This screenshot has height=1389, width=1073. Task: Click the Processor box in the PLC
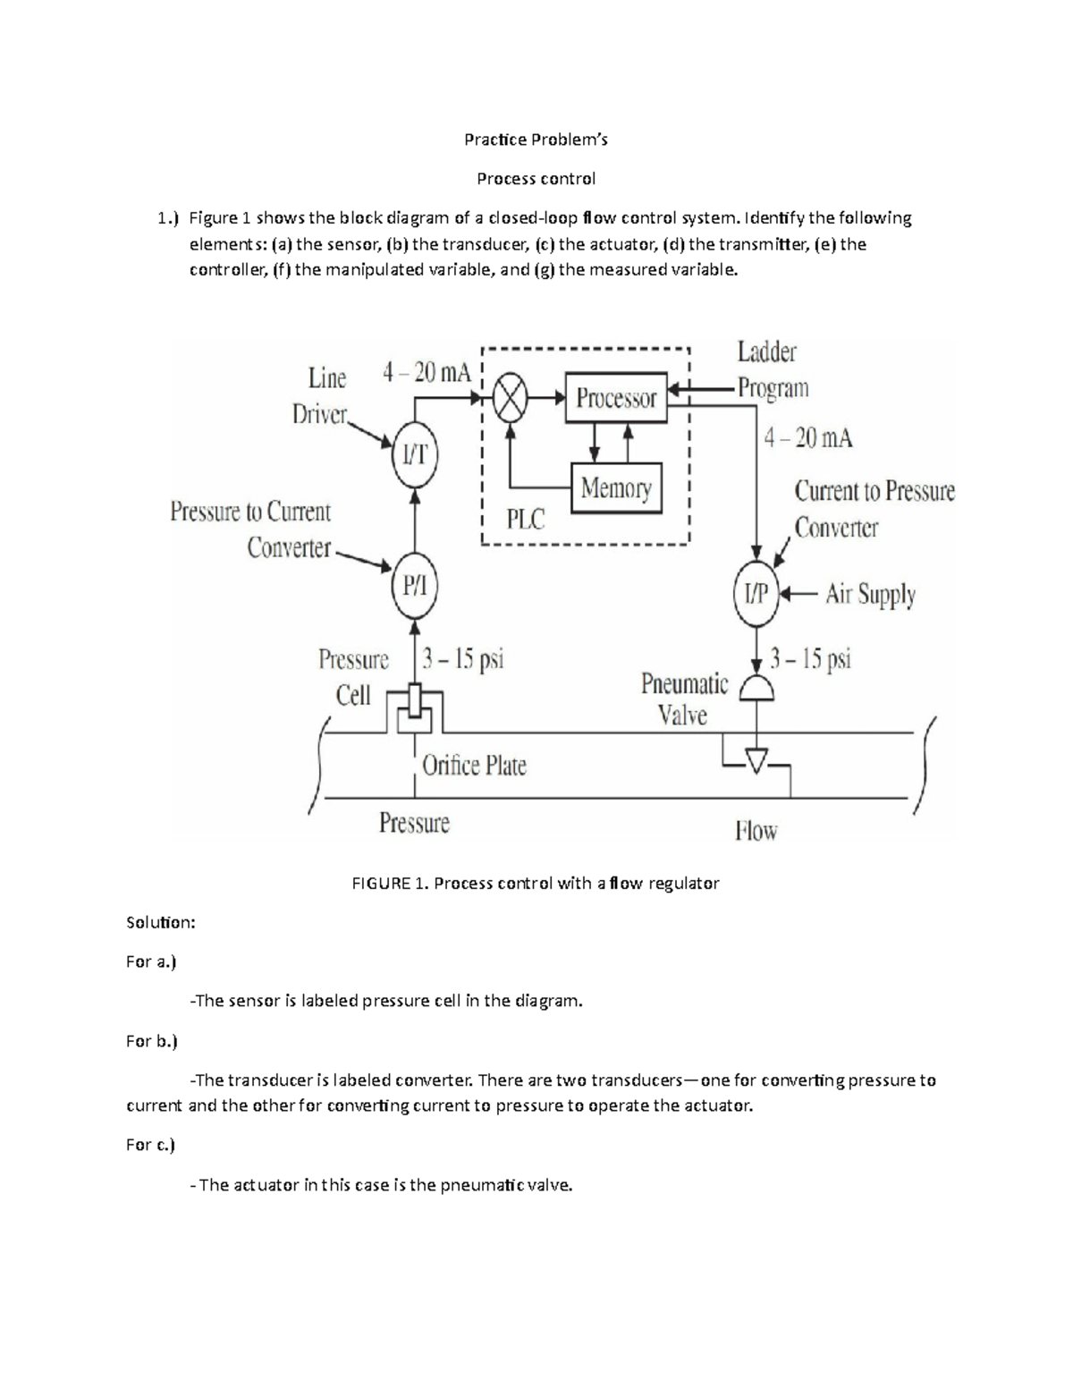click(x=616, y=398)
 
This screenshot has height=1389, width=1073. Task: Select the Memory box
click(x=616, y=488)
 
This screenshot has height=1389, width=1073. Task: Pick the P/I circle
click(x=415, y=587)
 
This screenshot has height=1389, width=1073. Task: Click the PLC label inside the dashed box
click(x=525, y=519)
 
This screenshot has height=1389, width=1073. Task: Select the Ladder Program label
click(x=772, y=370)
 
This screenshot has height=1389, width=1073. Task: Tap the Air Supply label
click(x=870, y=595)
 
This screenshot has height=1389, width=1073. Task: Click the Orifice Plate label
click(x=474, y=766)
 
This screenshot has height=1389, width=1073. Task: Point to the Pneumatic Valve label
click(x=684, y=699)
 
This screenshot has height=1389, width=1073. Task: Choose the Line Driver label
click(x=322, y=396)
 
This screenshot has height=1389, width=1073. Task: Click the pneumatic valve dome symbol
click(x=756, y=689)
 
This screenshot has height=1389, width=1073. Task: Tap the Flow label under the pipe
click(x=756, y=832)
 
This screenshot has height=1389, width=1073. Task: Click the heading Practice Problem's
click(x=536, y=140)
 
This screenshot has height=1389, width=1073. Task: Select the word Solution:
click(x=160, y=922)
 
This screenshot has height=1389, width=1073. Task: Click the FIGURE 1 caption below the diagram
click(x=535, y=884)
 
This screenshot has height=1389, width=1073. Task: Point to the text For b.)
click(x=151, y=1041)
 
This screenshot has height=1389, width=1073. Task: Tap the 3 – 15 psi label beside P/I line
click(x=463, y=660)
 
